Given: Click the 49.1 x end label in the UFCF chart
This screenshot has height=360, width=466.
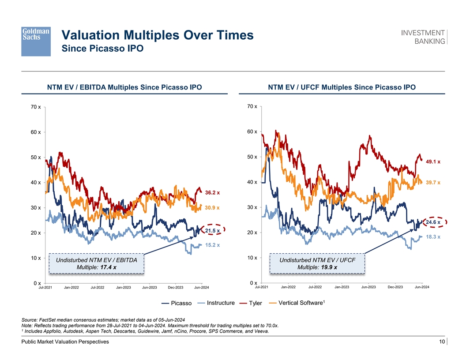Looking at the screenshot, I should pos(433,162).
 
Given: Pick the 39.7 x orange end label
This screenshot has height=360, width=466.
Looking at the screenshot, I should pos(433,183).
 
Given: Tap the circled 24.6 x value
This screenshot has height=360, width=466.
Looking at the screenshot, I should pos(433,222).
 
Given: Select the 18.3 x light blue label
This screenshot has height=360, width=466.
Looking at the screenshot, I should pos(433,237).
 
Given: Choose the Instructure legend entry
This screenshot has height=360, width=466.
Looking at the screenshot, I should pos(220,303).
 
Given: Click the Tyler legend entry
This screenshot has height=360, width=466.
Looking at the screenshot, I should pos(255,304).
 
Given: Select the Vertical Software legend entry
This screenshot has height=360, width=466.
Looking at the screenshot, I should pos(300,303).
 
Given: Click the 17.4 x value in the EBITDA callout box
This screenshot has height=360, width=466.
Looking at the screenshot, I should pos(109,267).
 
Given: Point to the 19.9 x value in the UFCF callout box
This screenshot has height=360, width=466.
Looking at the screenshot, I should pos(329,267).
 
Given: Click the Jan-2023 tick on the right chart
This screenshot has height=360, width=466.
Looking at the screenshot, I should pos(342,288).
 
